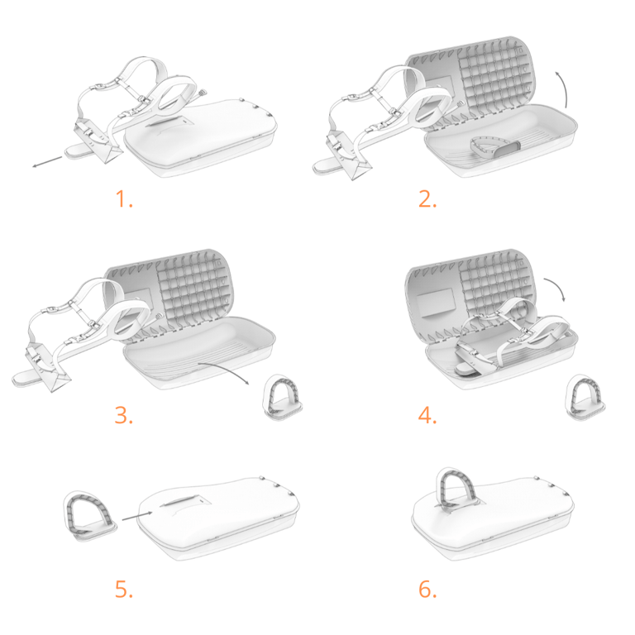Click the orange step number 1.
[x=124, y=199]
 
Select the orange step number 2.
[x=427, y=199]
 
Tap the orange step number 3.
[x=124, y=416]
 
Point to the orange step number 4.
[x=427, y=416]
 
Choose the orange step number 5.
[x=124, y=590]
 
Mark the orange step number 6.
[x=427, y=590]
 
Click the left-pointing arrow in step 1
[x=48, y=161]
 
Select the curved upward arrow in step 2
[x=563, y=89]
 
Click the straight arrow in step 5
[x=137, y=516]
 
